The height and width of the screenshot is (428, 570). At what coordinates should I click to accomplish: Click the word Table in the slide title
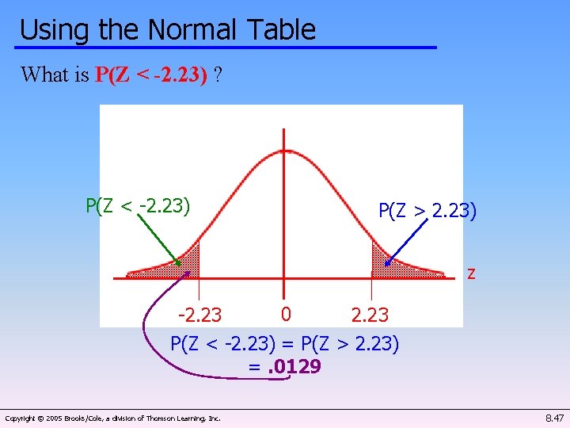click(x=281, y=30)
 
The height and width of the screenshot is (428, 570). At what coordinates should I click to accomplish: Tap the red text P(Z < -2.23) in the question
click(x=151, y=75)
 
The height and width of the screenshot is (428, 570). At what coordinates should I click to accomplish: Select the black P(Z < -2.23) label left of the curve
click(x=138, y=206)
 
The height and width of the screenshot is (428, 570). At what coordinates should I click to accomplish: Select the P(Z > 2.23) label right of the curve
click(x=427, y=211)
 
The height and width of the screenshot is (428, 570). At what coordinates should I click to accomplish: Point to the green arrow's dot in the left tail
click(x=178, y=262)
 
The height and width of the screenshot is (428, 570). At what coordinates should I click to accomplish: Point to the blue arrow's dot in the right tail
click(x=387, y=262)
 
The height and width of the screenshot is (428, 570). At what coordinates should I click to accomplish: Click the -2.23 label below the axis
click(x=199, y=315)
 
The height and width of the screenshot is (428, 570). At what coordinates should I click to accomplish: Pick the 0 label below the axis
click(x=286, y=315)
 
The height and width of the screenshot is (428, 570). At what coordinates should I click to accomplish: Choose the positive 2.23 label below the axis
click(x=370, y=315)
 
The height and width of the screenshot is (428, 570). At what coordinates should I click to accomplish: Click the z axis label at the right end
click(x=471, y=273)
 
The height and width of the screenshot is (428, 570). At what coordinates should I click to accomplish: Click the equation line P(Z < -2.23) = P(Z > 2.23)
click(x=285, y=344)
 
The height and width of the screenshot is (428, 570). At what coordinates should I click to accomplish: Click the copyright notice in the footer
click(x=112, y=418)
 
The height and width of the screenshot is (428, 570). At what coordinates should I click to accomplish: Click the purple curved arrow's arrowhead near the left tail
click(x=187, y=273)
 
